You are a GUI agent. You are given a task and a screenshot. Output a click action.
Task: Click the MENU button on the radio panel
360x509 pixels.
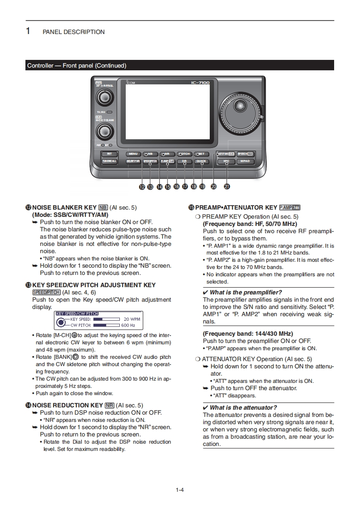click(133, 154)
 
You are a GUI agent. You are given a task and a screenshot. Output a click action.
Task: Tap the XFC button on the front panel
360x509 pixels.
click(226, 161)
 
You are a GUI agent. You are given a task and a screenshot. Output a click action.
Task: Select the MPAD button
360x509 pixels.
click(245, 161)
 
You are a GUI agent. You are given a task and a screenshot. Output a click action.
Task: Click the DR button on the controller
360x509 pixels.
click(184, 161)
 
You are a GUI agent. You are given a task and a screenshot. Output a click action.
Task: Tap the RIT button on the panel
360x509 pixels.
click(109, 154)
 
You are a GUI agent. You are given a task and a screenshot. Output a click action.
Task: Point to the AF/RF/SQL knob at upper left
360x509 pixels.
click(105, 97)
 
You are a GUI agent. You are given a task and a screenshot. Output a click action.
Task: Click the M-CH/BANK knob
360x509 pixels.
click(105, 131)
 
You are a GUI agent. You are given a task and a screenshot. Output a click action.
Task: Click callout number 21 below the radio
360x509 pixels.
click(227, 186)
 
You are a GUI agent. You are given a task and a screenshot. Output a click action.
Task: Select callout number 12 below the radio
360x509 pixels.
click(142, 186)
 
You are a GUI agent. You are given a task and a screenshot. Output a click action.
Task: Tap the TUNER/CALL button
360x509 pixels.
click(109, 161)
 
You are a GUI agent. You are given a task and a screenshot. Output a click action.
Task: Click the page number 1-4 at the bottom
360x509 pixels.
click(180, 489)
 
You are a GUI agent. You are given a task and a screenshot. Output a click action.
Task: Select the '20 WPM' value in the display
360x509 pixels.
click(132, 319)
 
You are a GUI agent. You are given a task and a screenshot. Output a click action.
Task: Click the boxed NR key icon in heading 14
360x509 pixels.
click(109, 405)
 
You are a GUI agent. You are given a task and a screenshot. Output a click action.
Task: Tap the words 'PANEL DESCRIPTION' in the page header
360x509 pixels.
click(74, 32)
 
